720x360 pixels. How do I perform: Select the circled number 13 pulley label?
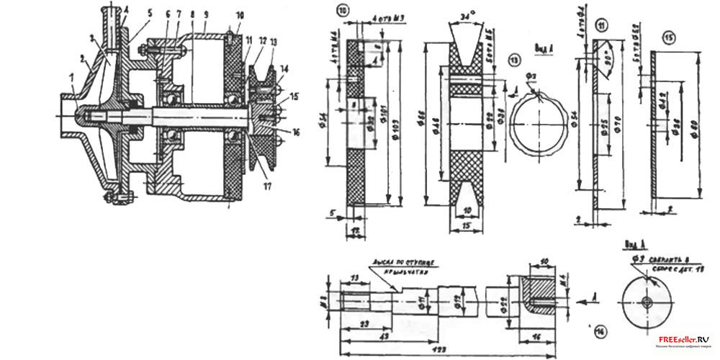point(513,60)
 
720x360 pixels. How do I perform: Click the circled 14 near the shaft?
point(595,331)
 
